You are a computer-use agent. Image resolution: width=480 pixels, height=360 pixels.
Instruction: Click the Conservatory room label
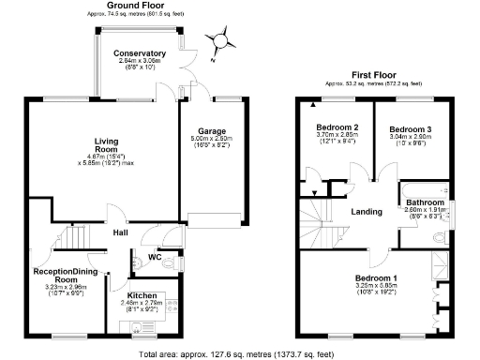point(140,53)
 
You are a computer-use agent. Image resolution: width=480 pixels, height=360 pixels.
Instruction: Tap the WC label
point(156,257)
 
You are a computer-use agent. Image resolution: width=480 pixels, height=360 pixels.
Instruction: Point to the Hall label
point(121,232)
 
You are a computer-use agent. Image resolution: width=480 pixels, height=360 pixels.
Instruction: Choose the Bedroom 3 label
point(410,128)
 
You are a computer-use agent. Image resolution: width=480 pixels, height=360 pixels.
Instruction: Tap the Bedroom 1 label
point(375,277)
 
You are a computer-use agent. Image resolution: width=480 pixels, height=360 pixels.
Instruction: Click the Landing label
point(367,212)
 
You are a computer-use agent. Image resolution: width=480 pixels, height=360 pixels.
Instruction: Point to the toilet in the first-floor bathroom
point(441,238)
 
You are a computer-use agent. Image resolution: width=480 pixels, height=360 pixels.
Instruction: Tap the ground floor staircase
point(69,235)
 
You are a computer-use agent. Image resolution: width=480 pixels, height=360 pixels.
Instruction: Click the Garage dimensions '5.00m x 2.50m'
point(211,140)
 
